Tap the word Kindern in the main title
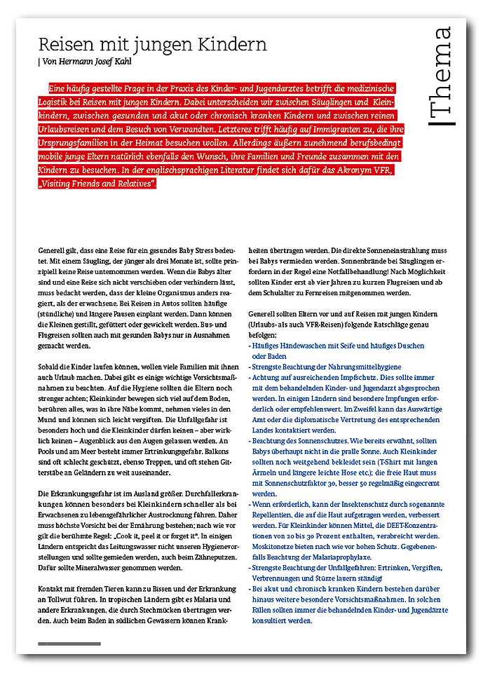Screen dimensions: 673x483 pos(233,45)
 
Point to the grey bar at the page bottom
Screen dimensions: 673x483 pos(69,644)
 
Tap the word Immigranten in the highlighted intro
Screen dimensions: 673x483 pos(298,129)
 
